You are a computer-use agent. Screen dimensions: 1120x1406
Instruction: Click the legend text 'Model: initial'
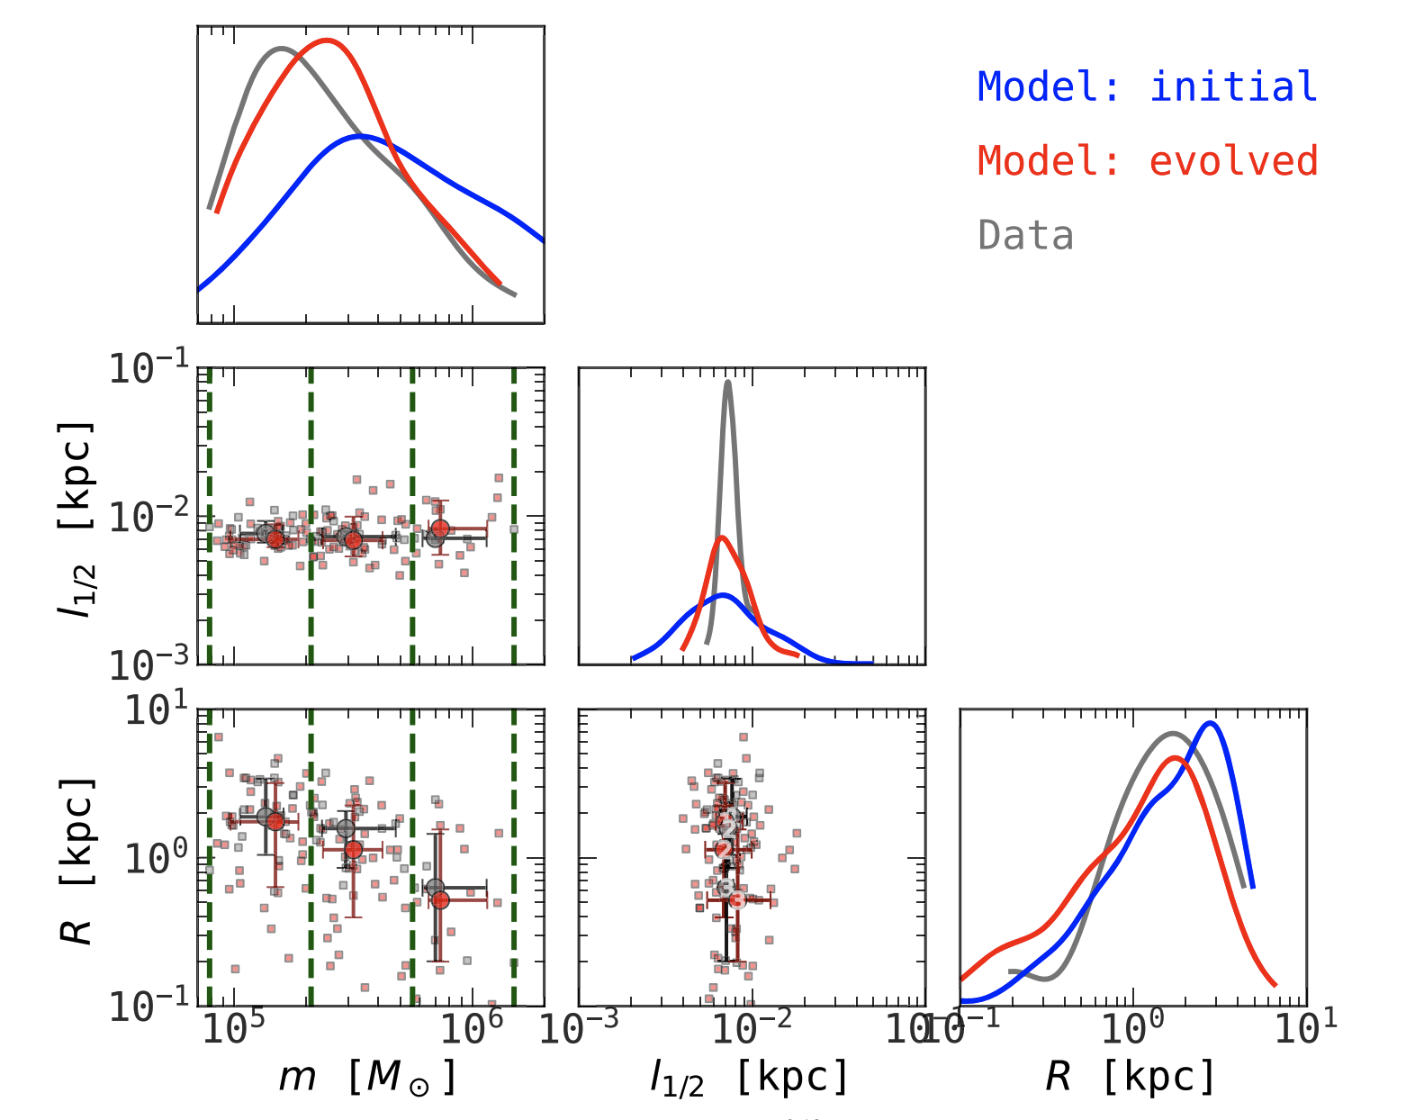tap(1147, 87)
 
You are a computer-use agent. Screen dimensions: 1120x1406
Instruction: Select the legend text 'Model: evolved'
tap(1147, 161)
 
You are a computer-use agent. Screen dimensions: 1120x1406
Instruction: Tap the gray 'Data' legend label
tap(1025, 236)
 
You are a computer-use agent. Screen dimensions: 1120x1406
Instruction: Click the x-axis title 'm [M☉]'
tap(367, 1076)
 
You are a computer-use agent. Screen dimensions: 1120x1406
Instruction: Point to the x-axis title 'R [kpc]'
tap(1131, 1076)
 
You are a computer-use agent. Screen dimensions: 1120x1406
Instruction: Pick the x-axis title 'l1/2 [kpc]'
tap(749, 1077)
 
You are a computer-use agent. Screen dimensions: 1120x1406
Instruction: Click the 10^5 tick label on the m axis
tap(234, 1029)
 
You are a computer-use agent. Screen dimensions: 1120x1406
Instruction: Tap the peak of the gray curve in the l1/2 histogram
tap(727, 382)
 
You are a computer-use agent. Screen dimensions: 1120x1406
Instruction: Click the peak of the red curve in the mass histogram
tap(328, 40)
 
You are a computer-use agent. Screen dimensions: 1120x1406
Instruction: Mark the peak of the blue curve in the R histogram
tap(1211, 723)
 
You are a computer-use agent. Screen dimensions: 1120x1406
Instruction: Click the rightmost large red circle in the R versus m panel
tap(440, 899)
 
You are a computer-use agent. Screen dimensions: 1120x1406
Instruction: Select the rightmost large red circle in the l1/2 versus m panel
tap(439, 528)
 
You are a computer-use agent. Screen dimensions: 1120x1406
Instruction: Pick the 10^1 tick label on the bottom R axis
tap(1305, 1029)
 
